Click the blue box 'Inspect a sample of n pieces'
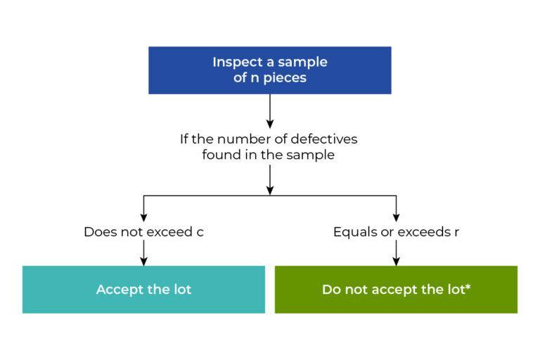click(x=269, y=70)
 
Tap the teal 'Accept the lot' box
click(x=143, y=289)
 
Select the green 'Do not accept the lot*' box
click(x=396, y=289)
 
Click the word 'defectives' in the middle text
click(x=325, y=139)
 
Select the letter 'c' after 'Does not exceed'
click(x=200, y=232)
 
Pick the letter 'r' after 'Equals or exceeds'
click(x=457, y=232)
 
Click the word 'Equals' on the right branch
click(x=354, y=232)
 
